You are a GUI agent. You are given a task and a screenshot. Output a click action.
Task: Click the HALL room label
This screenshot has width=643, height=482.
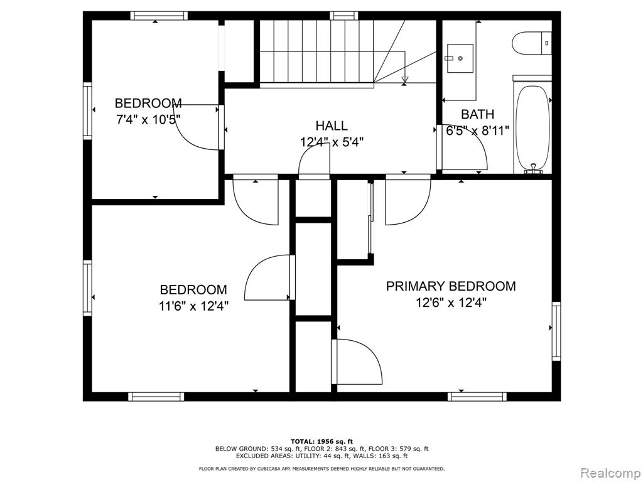(x=331, y=126)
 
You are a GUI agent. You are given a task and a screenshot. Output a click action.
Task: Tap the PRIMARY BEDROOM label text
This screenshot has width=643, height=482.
(x=450, y=286)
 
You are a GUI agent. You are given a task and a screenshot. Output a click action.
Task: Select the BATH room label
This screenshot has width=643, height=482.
(x=477, y=114)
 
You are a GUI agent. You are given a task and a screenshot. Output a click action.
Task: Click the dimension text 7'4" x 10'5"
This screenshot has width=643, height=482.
(x=149, y=119)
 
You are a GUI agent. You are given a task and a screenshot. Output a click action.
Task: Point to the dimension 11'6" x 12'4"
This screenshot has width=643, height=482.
(x=193, y=306)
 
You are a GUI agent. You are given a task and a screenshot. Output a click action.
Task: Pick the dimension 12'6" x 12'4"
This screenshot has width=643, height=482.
(x=450, y=303)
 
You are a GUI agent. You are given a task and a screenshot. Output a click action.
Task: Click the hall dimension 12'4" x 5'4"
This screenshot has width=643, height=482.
(x=331, y=142)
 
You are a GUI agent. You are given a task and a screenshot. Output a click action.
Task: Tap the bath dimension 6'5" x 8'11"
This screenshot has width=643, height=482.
(x=477, y=131)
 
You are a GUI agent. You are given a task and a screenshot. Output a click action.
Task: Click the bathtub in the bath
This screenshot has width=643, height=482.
(x=532, y=126)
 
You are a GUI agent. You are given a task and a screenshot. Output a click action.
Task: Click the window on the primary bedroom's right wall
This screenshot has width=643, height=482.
(x=556, y=331)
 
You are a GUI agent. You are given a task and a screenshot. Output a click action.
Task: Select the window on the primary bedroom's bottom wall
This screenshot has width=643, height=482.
(x=477, y=396)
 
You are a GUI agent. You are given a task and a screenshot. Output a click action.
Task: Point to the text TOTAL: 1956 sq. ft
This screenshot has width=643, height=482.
(x=321, y=441)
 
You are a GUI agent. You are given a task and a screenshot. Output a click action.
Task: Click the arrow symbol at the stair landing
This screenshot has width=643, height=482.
(x=404, y=79)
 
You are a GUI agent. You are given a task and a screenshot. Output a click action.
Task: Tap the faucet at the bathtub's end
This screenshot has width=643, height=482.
(x=533, y=168)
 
